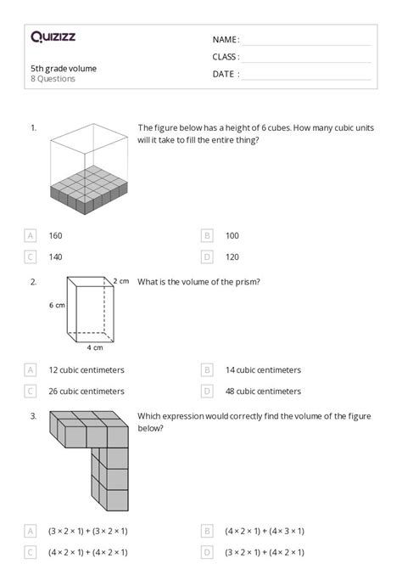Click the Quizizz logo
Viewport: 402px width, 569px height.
[53, 37]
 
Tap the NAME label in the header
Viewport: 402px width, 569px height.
[226, 40]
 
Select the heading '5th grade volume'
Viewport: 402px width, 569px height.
[64, 68]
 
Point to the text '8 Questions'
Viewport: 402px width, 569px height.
[53, 79]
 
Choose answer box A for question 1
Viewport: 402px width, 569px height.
[30, 236]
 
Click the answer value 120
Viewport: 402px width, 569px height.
[232, 257]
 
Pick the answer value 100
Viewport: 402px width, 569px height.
[232, 236]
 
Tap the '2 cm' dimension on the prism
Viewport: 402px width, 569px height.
[120, 281]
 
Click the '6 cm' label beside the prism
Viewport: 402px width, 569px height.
[57, 305]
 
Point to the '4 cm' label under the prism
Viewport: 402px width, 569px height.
[95, 347]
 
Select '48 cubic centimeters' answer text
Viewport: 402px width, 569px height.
[263, 392]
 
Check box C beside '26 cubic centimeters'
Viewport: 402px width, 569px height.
[30, 392]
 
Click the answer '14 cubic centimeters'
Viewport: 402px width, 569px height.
[263, 370]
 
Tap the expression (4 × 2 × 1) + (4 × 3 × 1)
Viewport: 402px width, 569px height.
[265, 531]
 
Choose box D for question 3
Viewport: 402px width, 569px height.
[207, 552]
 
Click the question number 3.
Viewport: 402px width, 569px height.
[33, 416]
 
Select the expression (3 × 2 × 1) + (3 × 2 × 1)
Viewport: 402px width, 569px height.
[88, 531]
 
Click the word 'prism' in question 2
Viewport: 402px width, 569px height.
[247, 282]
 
